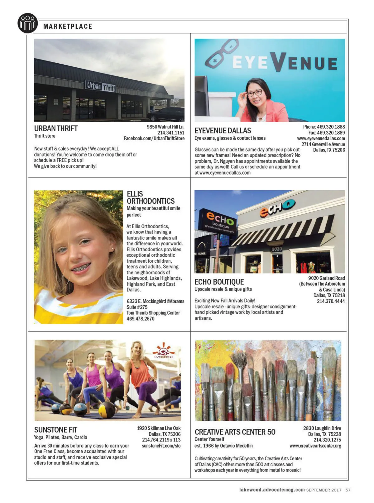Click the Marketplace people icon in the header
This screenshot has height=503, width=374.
pos(28,23)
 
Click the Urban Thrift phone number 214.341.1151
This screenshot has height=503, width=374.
pos(171,133)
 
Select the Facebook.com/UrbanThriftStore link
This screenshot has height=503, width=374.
pos(154,138)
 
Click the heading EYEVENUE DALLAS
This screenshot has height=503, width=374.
pos(223,131)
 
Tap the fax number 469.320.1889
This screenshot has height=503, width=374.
pos(327,133)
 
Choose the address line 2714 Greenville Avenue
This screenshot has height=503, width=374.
pos(323,144)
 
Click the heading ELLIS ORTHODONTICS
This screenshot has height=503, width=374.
pos(151,197)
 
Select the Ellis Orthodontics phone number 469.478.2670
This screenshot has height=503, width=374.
pos(140,319)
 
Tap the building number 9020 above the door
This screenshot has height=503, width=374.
pos(277,249)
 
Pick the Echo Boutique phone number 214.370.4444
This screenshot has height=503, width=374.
pos(331,301)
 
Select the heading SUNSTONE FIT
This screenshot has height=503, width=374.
pos(56,430)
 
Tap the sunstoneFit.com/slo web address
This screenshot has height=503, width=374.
pos(161,446)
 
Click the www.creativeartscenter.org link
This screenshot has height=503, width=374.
pos(315,446)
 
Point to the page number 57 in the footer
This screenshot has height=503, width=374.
pos(348,490)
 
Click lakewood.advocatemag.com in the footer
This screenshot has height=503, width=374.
pos(272,490)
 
